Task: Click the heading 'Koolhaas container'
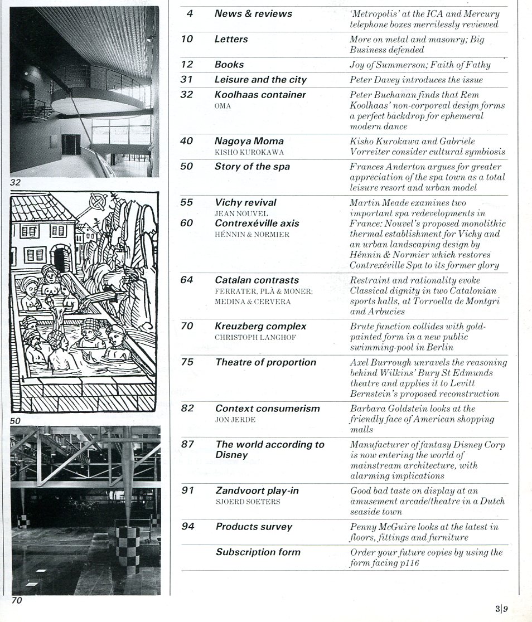pyautogui.click(x=260, y=95)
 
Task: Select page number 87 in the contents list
pyautogui.click(x=187, y=444)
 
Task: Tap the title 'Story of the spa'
pyautogui.click(x=252, y=167)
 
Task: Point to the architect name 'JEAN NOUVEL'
pyautogui.click(x=241, y=213)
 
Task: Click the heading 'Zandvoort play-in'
pyautogui.click(x=257, y=490)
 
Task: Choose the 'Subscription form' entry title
pyautogui.click(x=258, y=552)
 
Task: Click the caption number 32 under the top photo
pyautogui.click(x=15, y=182)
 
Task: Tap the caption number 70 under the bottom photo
pyautogui.click(x=17, y=601)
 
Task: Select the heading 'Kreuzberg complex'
pyautogui.click(x=260, y=327)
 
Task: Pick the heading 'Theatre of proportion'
pyautogui.click(x=265, y=362)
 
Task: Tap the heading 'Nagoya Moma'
pyautogui.click(x=249, y=142)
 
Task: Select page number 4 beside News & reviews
pyautogui.click(x=190, y=13)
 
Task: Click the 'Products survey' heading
pyautogui.click(x=254, y=527)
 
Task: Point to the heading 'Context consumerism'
pyautogui.click(x=267, y=409)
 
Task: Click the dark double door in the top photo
pyautogui.click(x=71, y=144)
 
